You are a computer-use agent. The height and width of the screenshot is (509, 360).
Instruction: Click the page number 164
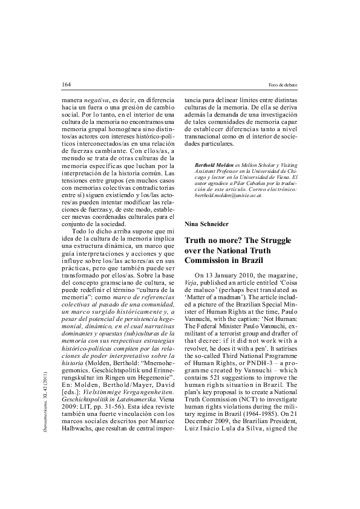(67, 83)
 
